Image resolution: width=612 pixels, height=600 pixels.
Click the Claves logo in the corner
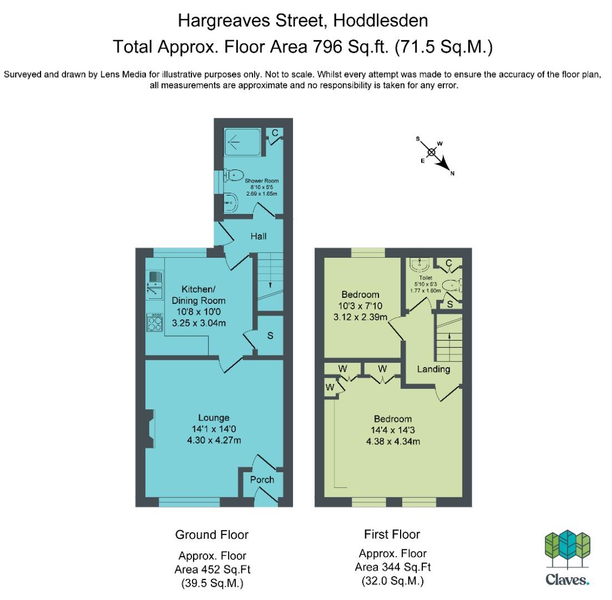click(x=568, y=558)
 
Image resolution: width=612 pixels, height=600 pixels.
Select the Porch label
click(x=262, y=479)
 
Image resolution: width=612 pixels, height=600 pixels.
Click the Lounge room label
click(x=214, y=417)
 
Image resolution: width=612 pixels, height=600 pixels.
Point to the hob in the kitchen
click(x=155, y=322)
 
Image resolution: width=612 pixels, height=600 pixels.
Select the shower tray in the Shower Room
click(x=242, y=142)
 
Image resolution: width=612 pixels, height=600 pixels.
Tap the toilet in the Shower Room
click(x=234, y=175)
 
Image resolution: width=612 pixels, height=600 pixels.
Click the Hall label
click(x=259, y=236)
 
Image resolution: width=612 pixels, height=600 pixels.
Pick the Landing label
click(x=433, y=369)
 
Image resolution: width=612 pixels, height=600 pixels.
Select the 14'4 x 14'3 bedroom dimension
click(x=393, y=430)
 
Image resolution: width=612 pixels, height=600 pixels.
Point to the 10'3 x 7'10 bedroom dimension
click(x=360, y=306)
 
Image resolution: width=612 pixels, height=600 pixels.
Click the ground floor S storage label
click(x=270, y=336)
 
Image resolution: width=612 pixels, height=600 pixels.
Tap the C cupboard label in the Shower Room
click(x=275, y=133)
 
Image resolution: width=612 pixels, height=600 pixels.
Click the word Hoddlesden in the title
click(x=381, y=21)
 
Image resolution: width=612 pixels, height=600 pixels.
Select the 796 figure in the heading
click(x=327, y=47)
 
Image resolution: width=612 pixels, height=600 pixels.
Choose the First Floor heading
click(x=392, y=534)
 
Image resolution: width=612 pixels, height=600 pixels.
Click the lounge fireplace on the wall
click(x=150, y=428)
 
